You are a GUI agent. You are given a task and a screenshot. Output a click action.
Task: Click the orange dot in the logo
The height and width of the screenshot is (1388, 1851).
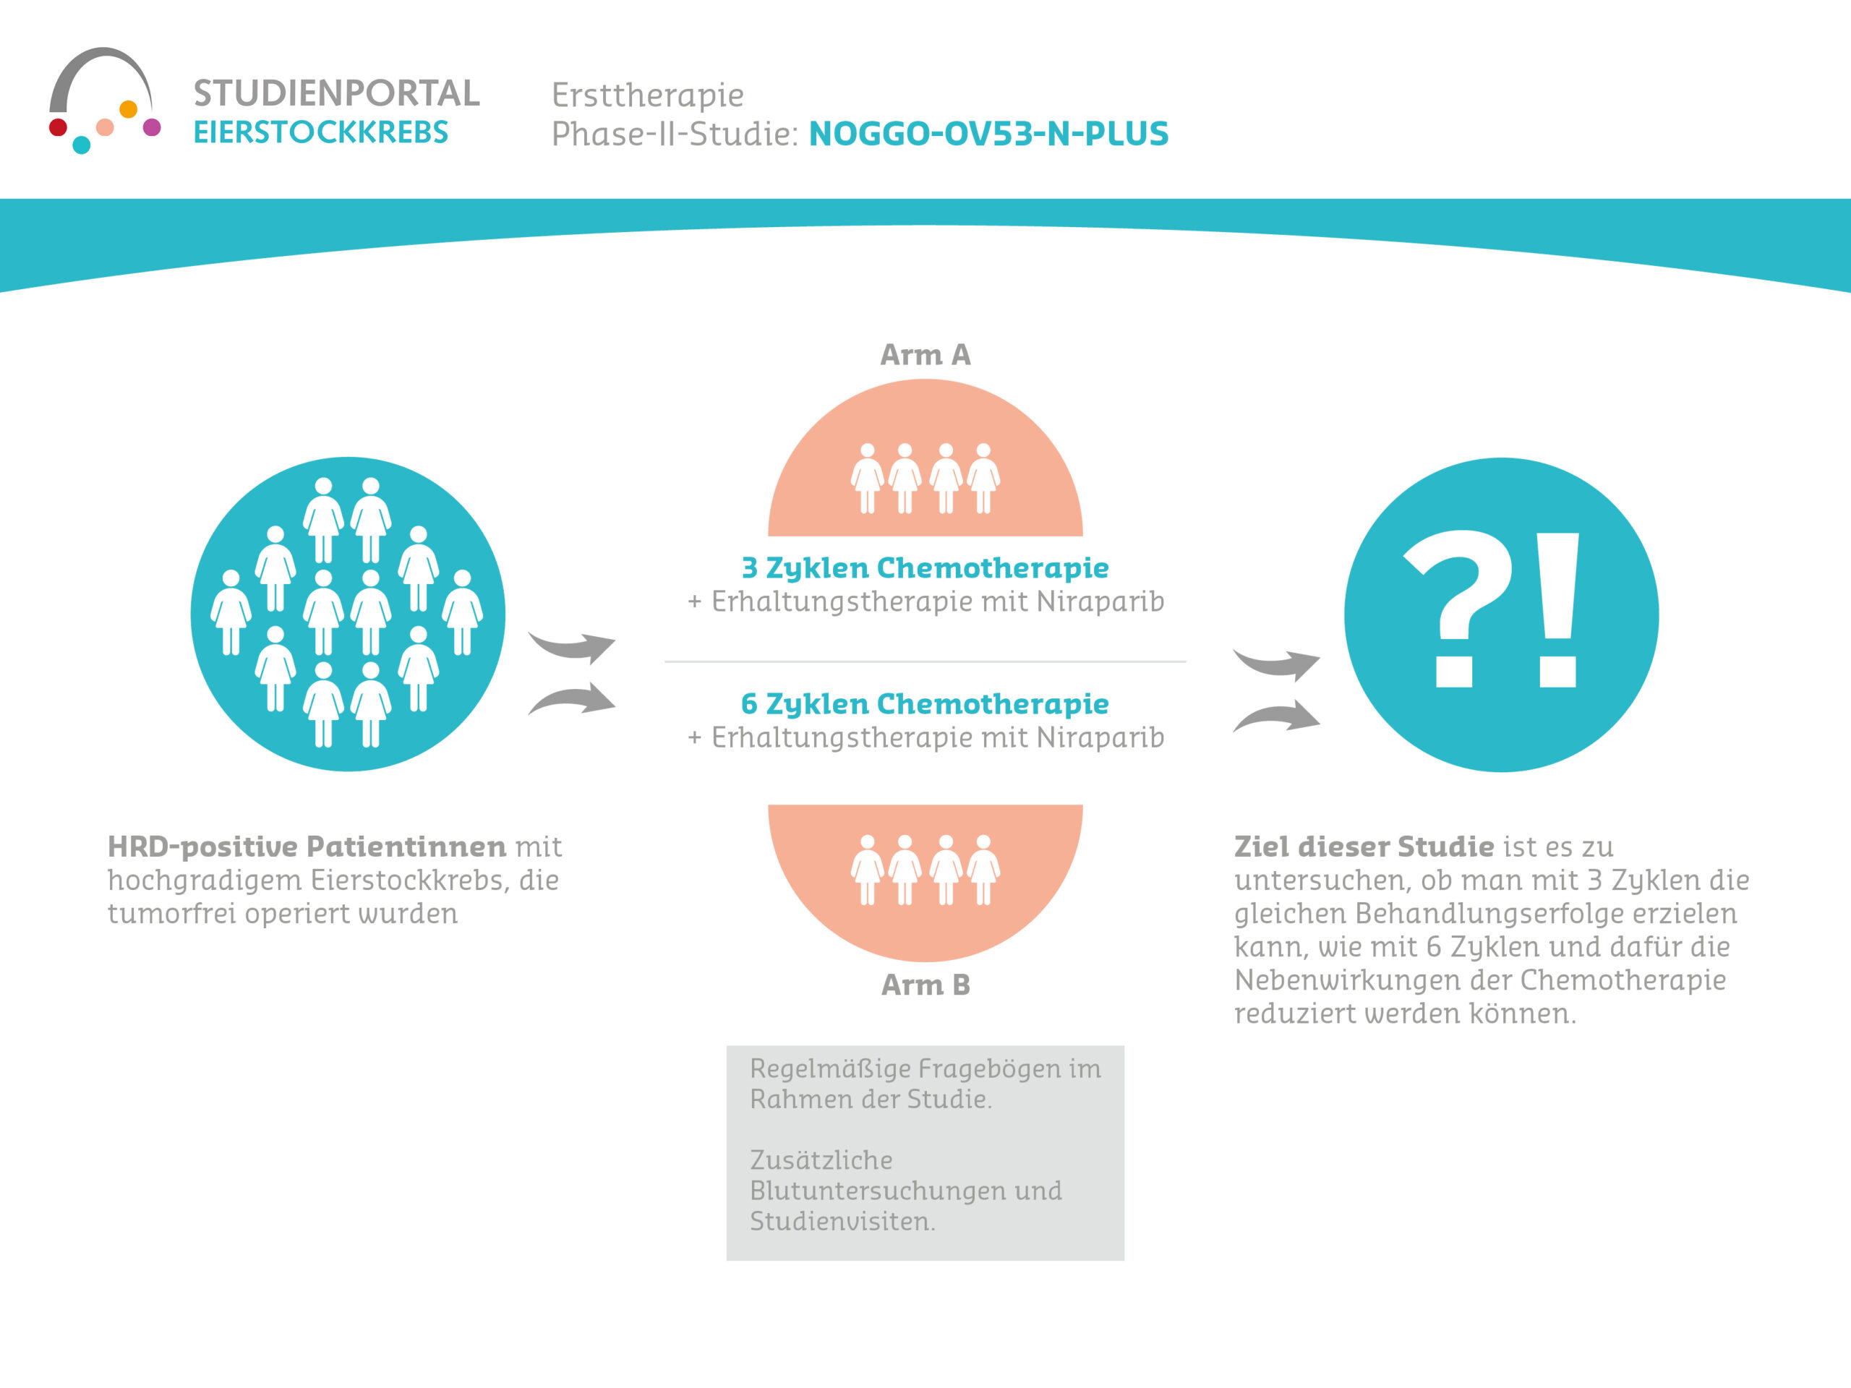128,108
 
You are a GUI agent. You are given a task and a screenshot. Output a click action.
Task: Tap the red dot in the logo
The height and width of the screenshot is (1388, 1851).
58,127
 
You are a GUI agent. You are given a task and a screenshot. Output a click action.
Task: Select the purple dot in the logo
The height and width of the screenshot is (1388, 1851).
151,127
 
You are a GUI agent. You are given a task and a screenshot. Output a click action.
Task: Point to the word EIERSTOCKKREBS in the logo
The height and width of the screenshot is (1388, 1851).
320,132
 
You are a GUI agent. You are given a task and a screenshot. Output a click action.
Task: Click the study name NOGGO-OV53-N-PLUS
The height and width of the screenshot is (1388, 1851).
988,134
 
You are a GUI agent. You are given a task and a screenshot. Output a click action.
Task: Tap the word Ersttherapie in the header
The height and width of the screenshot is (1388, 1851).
648,95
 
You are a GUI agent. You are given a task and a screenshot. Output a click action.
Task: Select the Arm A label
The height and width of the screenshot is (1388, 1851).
925,355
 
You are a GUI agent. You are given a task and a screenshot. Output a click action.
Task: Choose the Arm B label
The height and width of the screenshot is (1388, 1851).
925,985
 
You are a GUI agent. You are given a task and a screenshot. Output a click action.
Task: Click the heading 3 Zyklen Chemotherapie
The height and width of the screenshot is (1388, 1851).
925,567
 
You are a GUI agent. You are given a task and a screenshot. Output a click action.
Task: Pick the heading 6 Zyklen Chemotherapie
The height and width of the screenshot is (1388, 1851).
925,703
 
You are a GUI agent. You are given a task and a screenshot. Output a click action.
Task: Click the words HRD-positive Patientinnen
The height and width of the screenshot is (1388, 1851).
307,847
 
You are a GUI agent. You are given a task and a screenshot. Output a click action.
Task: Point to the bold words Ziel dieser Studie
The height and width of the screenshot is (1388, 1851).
1364,847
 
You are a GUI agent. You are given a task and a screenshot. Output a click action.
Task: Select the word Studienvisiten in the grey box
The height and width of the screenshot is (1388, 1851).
841,1222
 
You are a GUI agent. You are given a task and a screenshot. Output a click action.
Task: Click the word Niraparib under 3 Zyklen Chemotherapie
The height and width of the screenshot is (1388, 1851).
1100,601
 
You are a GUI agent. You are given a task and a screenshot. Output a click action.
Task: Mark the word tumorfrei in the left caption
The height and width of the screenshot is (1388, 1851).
171,914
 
